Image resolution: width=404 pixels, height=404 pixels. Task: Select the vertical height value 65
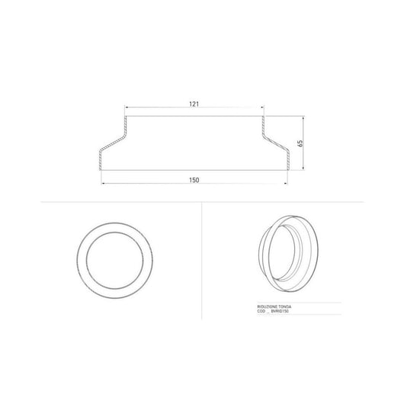[x=300, y=143]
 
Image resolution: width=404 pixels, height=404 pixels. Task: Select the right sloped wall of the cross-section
[x=275, y=142]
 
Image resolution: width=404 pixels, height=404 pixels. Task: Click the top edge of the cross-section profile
[x=194, y=117]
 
